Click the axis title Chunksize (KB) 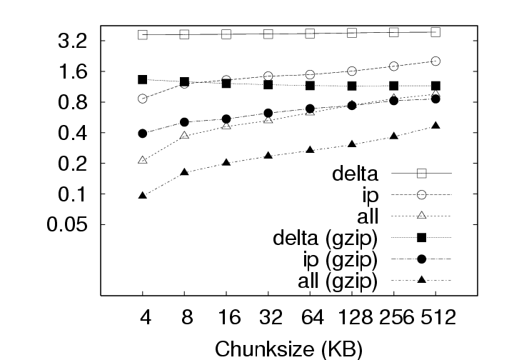click(x=288, y=349)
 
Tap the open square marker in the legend click(x=421, y=173)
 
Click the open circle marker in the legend click(x=421, y=194)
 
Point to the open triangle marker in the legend click(x=421, y=216)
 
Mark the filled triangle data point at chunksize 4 click(x=143, y=195)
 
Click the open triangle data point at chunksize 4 click(x=143, y=160)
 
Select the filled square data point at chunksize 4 click(x=143, y=79)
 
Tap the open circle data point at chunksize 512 click(x=436, y=61)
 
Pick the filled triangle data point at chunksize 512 click(x=436, y=126)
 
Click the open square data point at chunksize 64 click(x=311, y=34)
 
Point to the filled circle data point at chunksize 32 click(x=268, y=113)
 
